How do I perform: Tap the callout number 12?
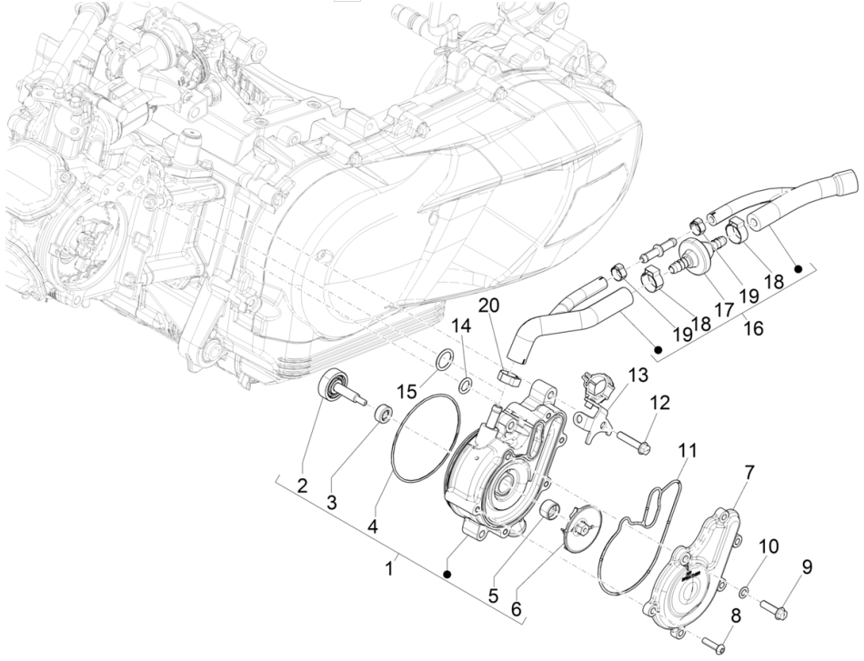659,401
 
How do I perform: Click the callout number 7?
749,472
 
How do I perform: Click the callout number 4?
374,525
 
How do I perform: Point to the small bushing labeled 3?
385,416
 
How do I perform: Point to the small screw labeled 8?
719,646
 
